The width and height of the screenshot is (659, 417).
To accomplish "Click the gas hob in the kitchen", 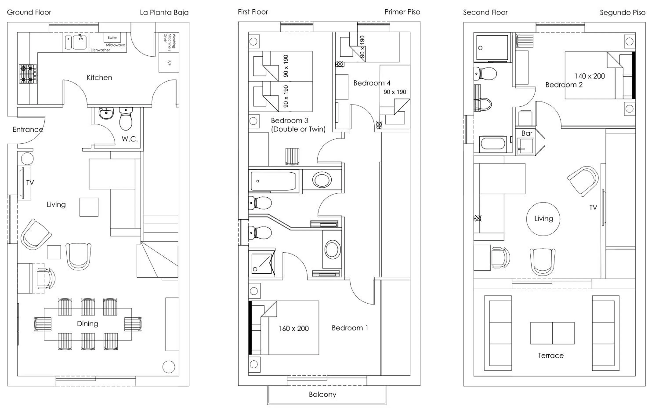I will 28,74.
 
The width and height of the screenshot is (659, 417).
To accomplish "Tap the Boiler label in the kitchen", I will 112,38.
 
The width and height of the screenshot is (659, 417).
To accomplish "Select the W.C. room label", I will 129,139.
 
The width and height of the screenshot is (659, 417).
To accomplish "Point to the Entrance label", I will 28,129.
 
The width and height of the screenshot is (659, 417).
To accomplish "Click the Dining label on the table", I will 88,324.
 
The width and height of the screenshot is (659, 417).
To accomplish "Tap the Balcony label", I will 322,395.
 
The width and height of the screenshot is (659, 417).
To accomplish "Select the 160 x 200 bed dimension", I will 294,328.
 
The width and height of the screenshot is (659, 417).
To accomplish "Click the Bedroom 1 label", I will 350,328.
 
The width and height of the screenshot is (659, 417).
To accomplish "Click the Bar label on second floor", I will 527,133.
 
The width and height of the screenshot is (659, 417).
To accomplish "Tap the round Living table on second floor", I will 543,219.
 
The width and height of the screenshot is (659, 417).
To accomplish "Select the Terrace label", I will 551,356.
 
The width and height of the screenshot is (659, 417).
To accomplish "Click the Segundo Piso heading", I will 622,13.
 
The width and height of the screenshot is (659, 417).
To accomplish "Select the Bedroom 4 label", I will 372,83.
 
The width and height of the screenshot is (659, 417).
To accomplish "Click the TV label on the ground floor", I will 30,183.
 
